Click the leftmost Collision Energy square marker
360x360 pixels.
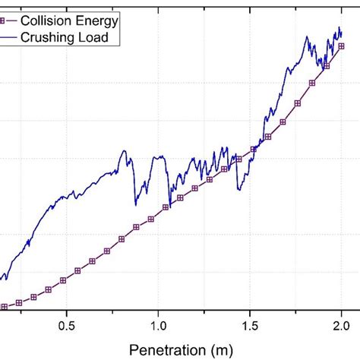tap(4, 307)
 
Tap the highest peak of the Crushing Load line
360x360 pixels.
tap(339, 28)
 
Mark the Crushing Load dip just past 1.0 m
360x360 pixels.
tap(169, 206)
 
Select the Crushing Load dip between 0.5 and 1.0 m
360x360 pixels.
tap(135, 204)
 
